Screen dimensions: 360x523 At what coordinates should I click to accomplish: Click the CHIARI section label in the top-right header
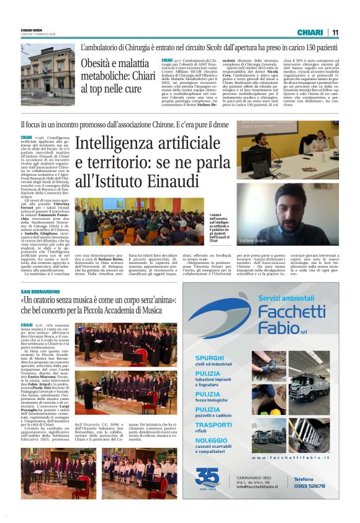coord(310,32)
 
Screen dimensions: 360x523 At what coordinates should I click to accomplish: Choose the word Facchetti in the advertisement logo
coord(292,311)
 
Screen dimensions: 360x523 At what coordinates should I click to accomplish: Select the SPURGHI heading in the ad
coord(209,358)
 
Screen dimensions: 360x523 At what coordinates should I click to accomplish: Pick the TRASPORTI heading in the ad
coord(214,425)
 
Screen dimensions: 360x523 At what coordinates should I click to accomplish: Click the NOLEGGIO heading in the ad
coord(212,440)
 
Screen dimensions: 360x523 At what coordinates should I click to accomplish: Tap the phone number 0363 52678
coord(310,486)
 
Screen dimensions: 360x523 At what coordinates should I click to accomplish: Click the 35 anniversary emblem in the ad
coord(207,478)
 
